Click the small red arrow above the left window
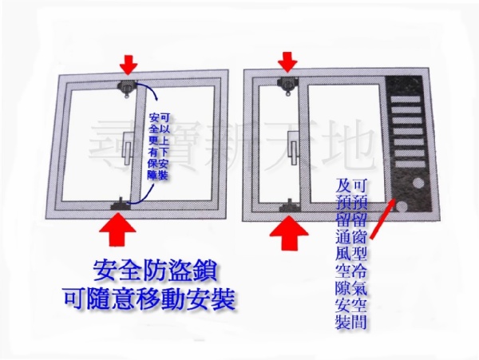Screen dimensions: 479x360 (x=129, y=65)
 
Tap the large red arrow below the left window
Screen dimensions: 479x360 (x=117, y=229)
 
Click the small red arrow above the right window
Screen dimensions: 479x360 (x=287, y=62)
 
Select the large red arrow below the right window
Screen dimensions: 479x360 (x=289, y=231)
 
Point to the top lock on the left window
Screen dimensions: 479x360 (x=127, y=89)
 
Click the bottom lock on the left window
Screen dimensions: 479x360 (x=121, y=204)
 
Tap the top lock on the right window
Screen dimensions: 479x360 (x=287, y=85)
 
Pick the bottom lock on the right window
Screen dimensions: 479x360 (x=290, y=207)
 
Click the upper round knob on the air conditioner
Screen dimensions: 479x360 (x=418, y=184)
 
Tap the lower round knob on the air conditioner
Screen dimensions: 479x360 (x=402, y=208)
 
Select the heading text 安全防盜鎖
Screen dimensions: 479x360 (x=156, y=271)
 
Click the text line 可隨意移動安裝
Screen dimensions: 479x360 (x=150, y=299)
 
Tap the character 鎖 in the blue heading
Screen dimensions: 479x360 (x=206, y=271)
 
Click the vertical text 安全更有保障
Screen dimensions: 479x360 (x=152, y=147)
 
